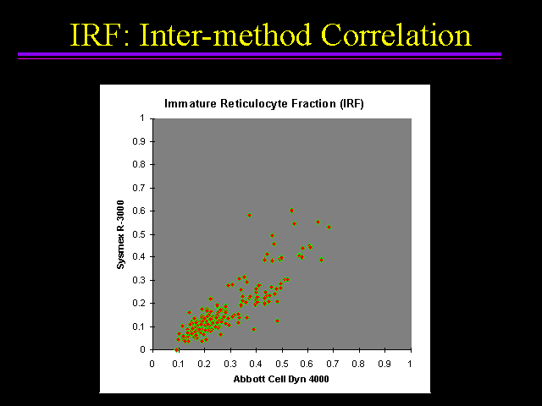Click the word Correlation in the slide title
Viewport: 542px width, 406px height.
(396, 35)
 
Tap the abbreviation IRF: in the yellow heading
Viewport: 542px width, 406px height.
(100, 35)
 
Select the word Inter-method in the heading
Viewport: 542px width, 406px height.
(225, 35)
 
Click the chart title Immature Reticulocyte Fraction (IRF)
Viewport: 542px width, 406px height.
(264, 103)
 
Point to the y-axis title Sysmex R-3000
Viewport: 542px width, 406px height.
(120, 234)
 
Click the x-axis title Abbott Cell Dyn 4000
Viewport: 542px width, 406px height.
(281, 379)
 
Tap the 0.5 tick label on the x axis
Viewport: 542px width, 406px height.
(282, 364)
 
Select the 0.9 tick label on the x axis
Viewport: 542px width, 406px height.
(384, 364)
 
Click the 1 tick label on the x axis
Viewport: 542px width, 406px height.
(410, 364)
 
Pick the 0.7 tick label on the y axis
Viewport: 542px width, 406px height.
(139, 188)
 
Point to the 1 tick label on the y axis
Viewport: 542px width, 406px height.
(142, 118)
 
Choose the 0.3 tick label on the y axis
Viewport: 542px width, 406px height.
(139, 280)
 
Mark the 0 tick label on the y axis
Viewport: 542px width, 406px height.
(142, 349)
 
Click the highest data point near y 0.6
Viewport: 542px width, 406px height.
(291, 211)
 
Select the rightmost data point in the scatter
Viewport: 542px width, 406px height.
(329, 228)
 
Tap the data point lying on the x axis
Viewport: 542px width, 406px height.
(176, 349)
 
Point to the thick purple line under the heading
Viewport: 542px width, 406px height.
(260, 54)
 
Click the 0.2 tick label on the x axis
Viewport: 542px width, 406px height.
(204, 364)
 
